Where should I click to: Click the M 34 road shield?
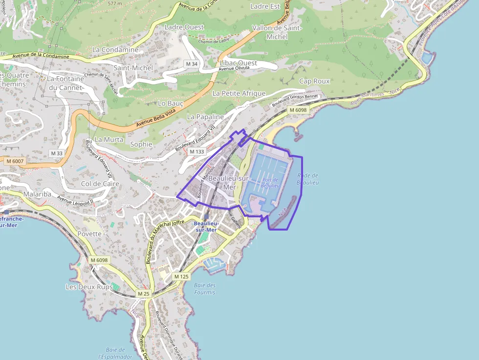point(192,64)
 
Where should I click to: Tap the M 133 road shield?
point(196,151)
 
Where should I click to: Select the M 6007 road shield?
point(15,161)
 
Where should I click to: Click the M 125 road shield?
point(181,276)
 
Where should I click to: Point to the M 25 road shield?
point(143,294)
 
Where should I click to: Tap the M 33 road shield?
point(57,153)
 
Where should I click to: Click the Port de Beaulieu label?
point(270,183)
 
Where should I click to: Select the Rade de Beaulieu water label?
point(308,179)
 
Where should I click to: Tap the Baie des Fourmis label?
point(204,289)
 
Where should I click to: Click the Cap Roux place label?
point(314,81)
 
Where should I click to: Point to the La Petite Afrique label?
point(239,93)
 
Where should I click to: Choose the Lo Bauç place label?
point(171,104)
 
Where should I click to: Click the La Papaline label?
point(205,117)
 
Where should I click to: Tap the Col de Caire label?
point(100,184)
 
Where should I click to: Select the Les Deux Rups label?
point(89,287)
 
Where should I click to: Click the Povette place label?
point(89,233)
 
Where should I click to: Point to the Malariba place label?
point(37,194)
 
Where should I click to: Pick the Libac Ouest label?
point(239,63)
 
